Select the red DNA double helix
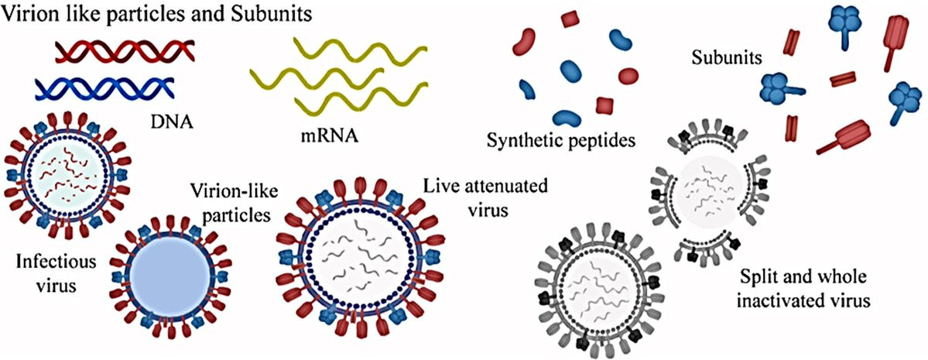[x=124, y=52]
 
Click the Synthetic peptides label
[x=561, y=140]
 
